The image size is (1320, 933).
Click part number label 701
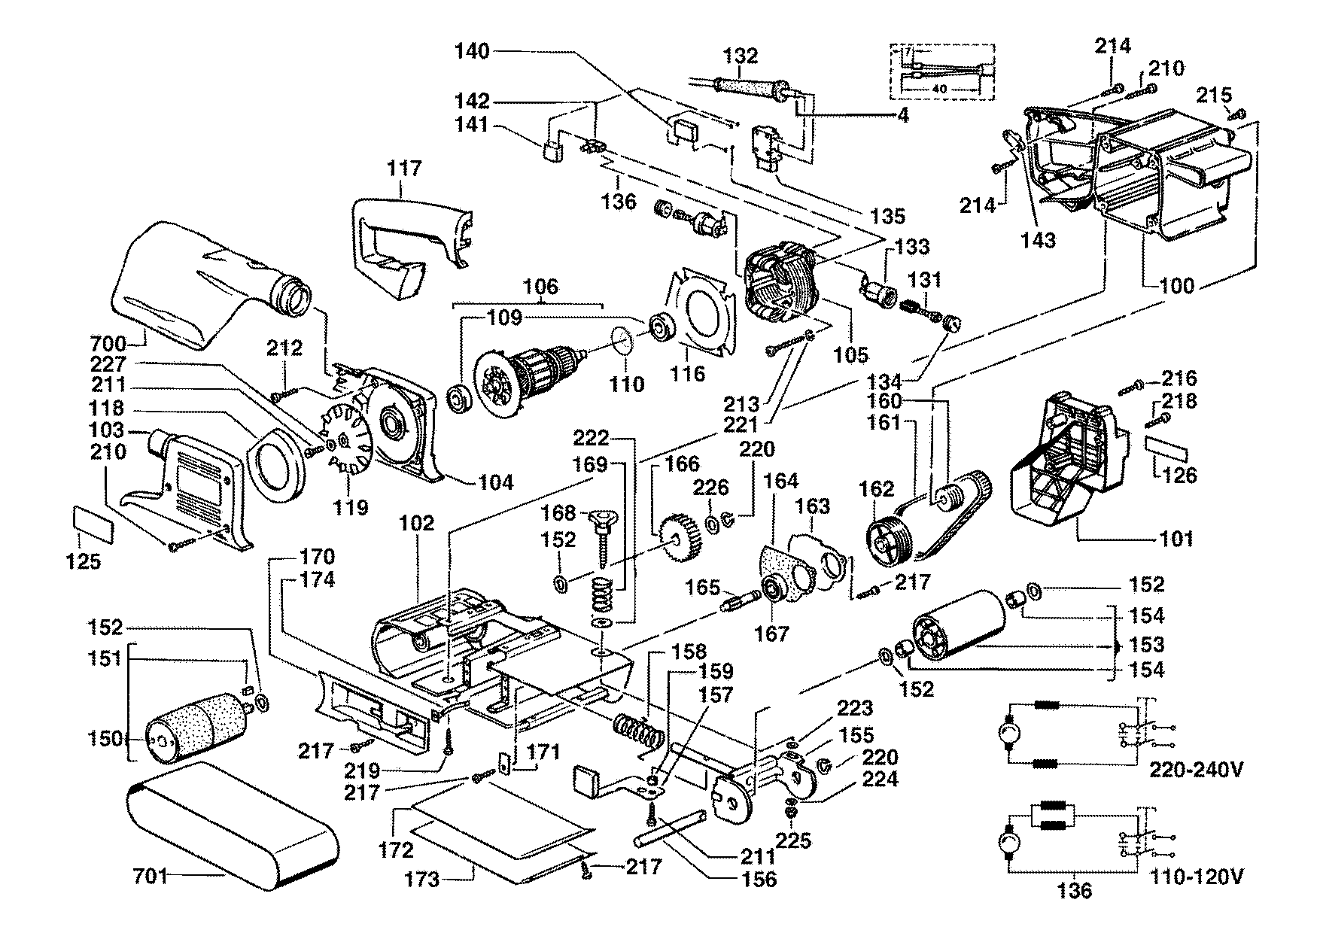151,877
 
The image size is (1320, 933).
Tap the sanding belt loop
233,828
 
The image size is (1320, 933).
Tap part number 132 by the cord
741,56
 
